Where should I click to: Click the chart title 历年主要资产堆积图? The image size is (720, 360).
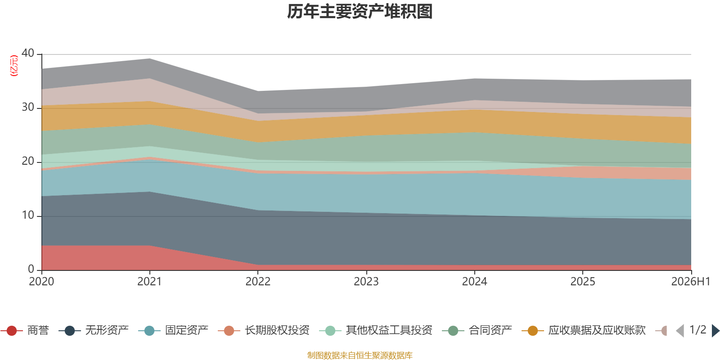coord(360,12)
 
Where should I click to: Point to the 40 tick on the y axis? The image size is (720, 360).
coord(28,53)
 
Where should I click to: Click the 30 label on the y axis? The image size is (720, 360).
coord(28,107)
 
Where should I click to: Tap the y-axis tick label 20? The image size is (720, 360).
coord(28,161)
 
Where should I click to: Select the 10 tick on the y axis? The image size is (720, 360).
coord(28,215)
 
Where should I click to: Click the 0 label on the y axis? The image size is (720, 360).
coord(31,269)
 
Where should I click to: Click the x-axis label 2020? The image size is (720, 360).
coord(41,282)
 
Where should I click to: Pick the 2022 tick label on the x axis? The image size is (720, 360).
coord(258,282)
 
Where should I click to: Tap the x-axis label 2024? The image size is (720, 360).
coord(474,282)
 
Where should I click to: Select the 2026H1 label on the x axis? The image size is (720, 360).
coord(690,282)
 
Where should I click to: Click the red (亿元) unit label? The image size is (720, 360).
coord(14,66)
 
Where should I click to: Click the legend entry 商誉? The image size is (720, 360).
coord(25,330)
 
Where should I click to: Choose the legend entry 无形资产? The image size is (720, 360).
coord(94,330)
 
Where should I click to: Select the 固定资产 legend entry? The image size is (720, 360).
coord(173,330)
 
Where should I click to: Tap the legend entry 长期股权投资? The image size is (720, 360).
coord(264,330)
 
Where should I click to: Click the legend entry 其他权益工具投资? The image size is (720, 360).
coord(376,330)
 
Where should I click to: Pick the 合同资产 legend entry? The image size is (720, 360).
coord(477,330)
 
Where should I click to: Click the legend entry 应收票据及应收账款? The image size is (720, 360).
coord(583,330)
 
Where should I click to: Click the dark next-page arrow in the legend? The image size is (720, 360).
coord(715,331)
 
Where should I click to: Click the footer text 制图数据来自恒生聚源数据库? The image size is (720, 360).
coord(360,355)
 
